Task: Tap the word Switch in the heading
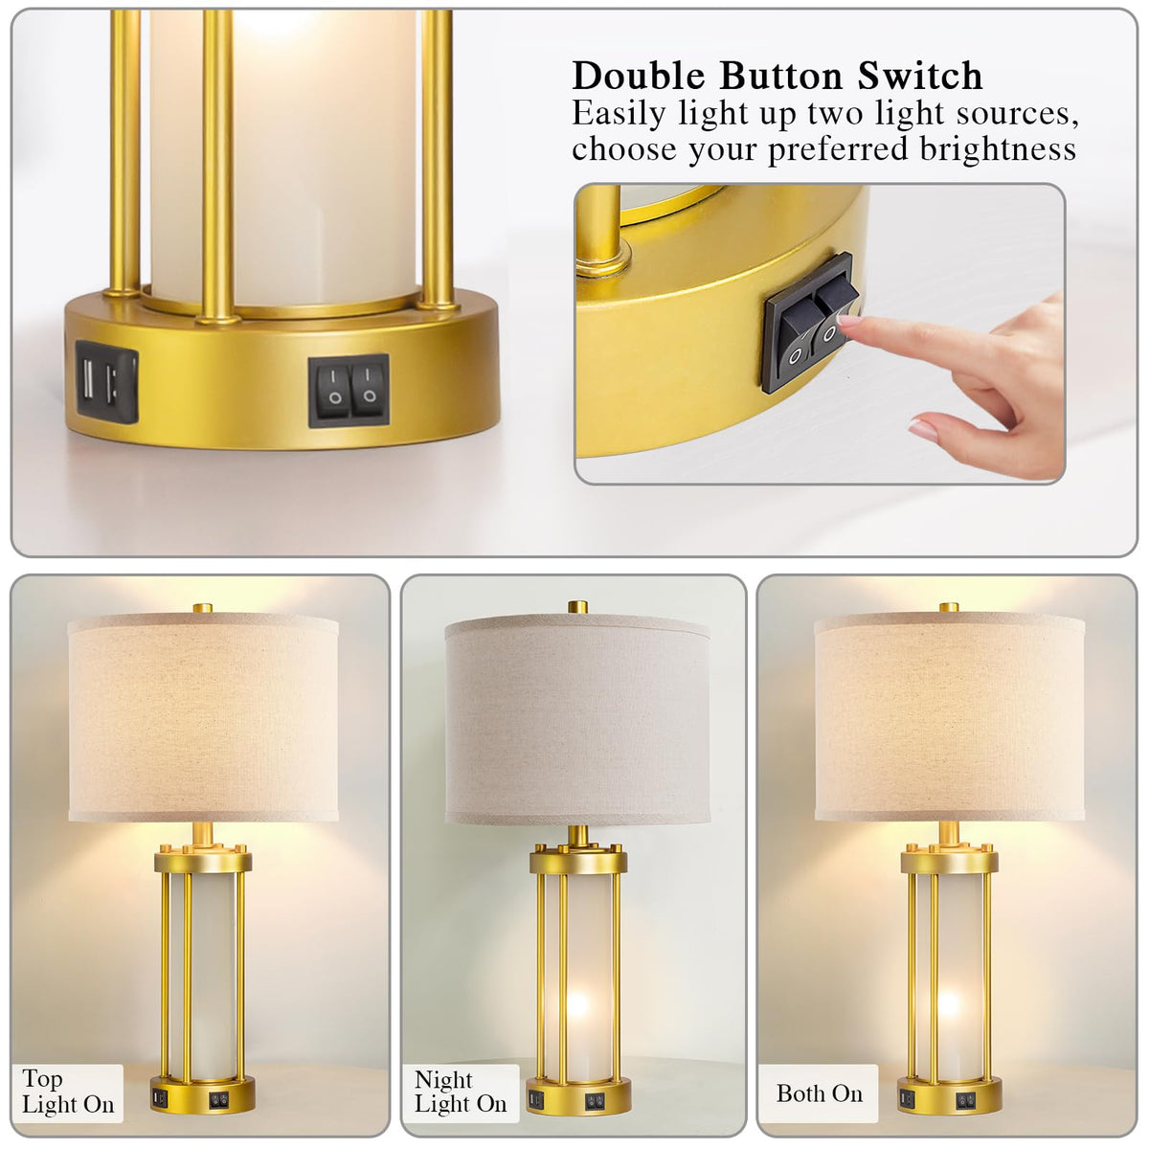919,76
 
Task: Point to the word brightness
998,149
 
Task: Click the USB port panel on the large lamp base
106,382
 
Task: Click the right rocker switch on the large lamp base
368,390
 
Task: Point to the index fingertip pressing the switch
845,320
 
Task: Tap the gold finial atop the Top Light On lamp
203,608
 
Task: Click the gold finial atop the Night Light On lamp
576,607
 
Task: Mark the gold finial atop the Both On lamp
949,608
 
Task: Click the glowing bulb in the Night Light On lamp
577,1006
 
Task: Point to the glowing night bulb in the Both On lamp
949,1006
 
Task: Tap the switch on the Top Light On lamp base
219,1099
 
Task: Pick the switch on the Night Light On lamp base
594,1101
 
